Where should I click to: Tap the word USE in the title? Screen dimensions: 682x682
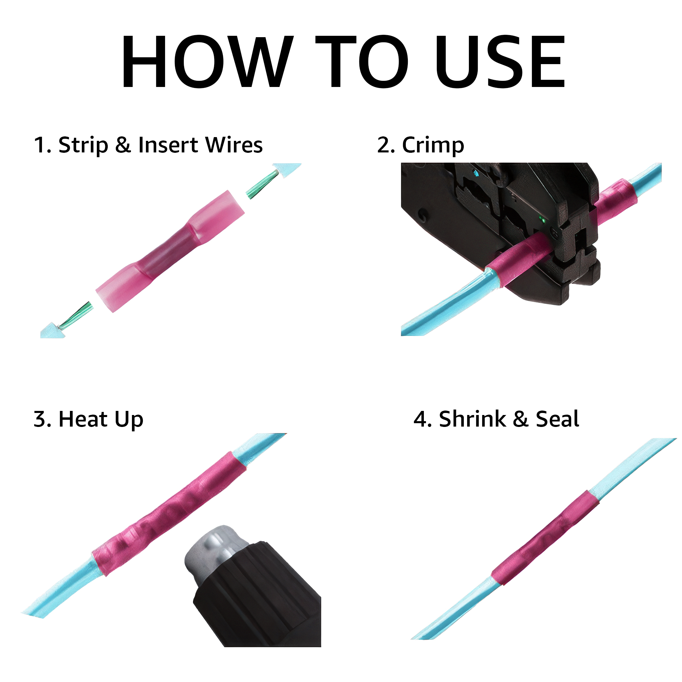pos(500,61)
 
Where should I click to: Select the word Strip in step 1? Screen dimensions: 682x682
pos(83,145)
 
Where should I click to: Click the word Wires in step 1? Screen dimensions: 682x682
pos(234,145)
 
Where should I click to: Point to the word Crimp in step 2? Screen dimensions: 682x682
pos(433,145)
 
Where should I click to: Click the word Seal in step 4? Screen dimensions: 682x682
pos(558,419)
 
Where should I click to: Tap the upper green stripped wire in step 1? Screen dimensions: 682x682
pos(263,183)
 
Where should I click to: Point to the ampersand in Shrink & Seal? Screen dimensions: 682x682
pos(521,419)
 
